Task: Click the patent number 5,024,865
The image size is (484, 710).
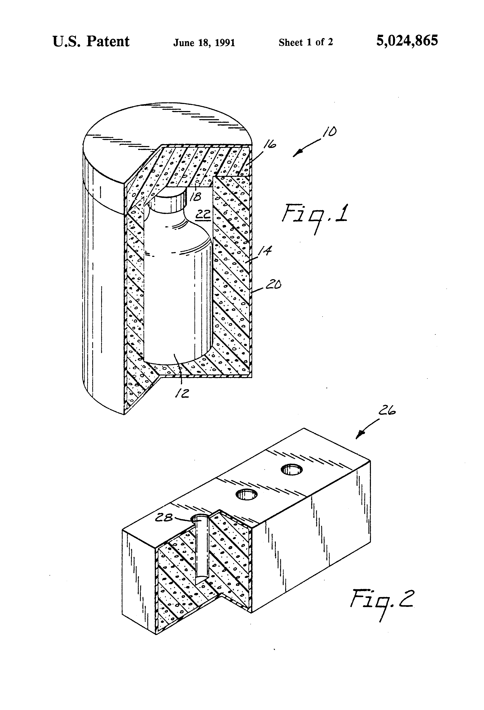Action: click(407, 40)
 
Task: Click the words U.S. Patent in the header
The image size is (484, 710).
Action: click(91, 41)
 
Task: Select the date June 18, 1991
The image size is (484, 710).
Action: click(204, 42)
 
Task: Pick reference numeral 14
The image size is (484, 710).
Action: click(265, 251)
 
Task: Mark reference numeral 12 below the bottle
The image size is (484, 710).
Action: click(182, 393)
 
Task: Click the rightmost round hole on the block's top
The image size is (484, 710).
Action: click(292, 469)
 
